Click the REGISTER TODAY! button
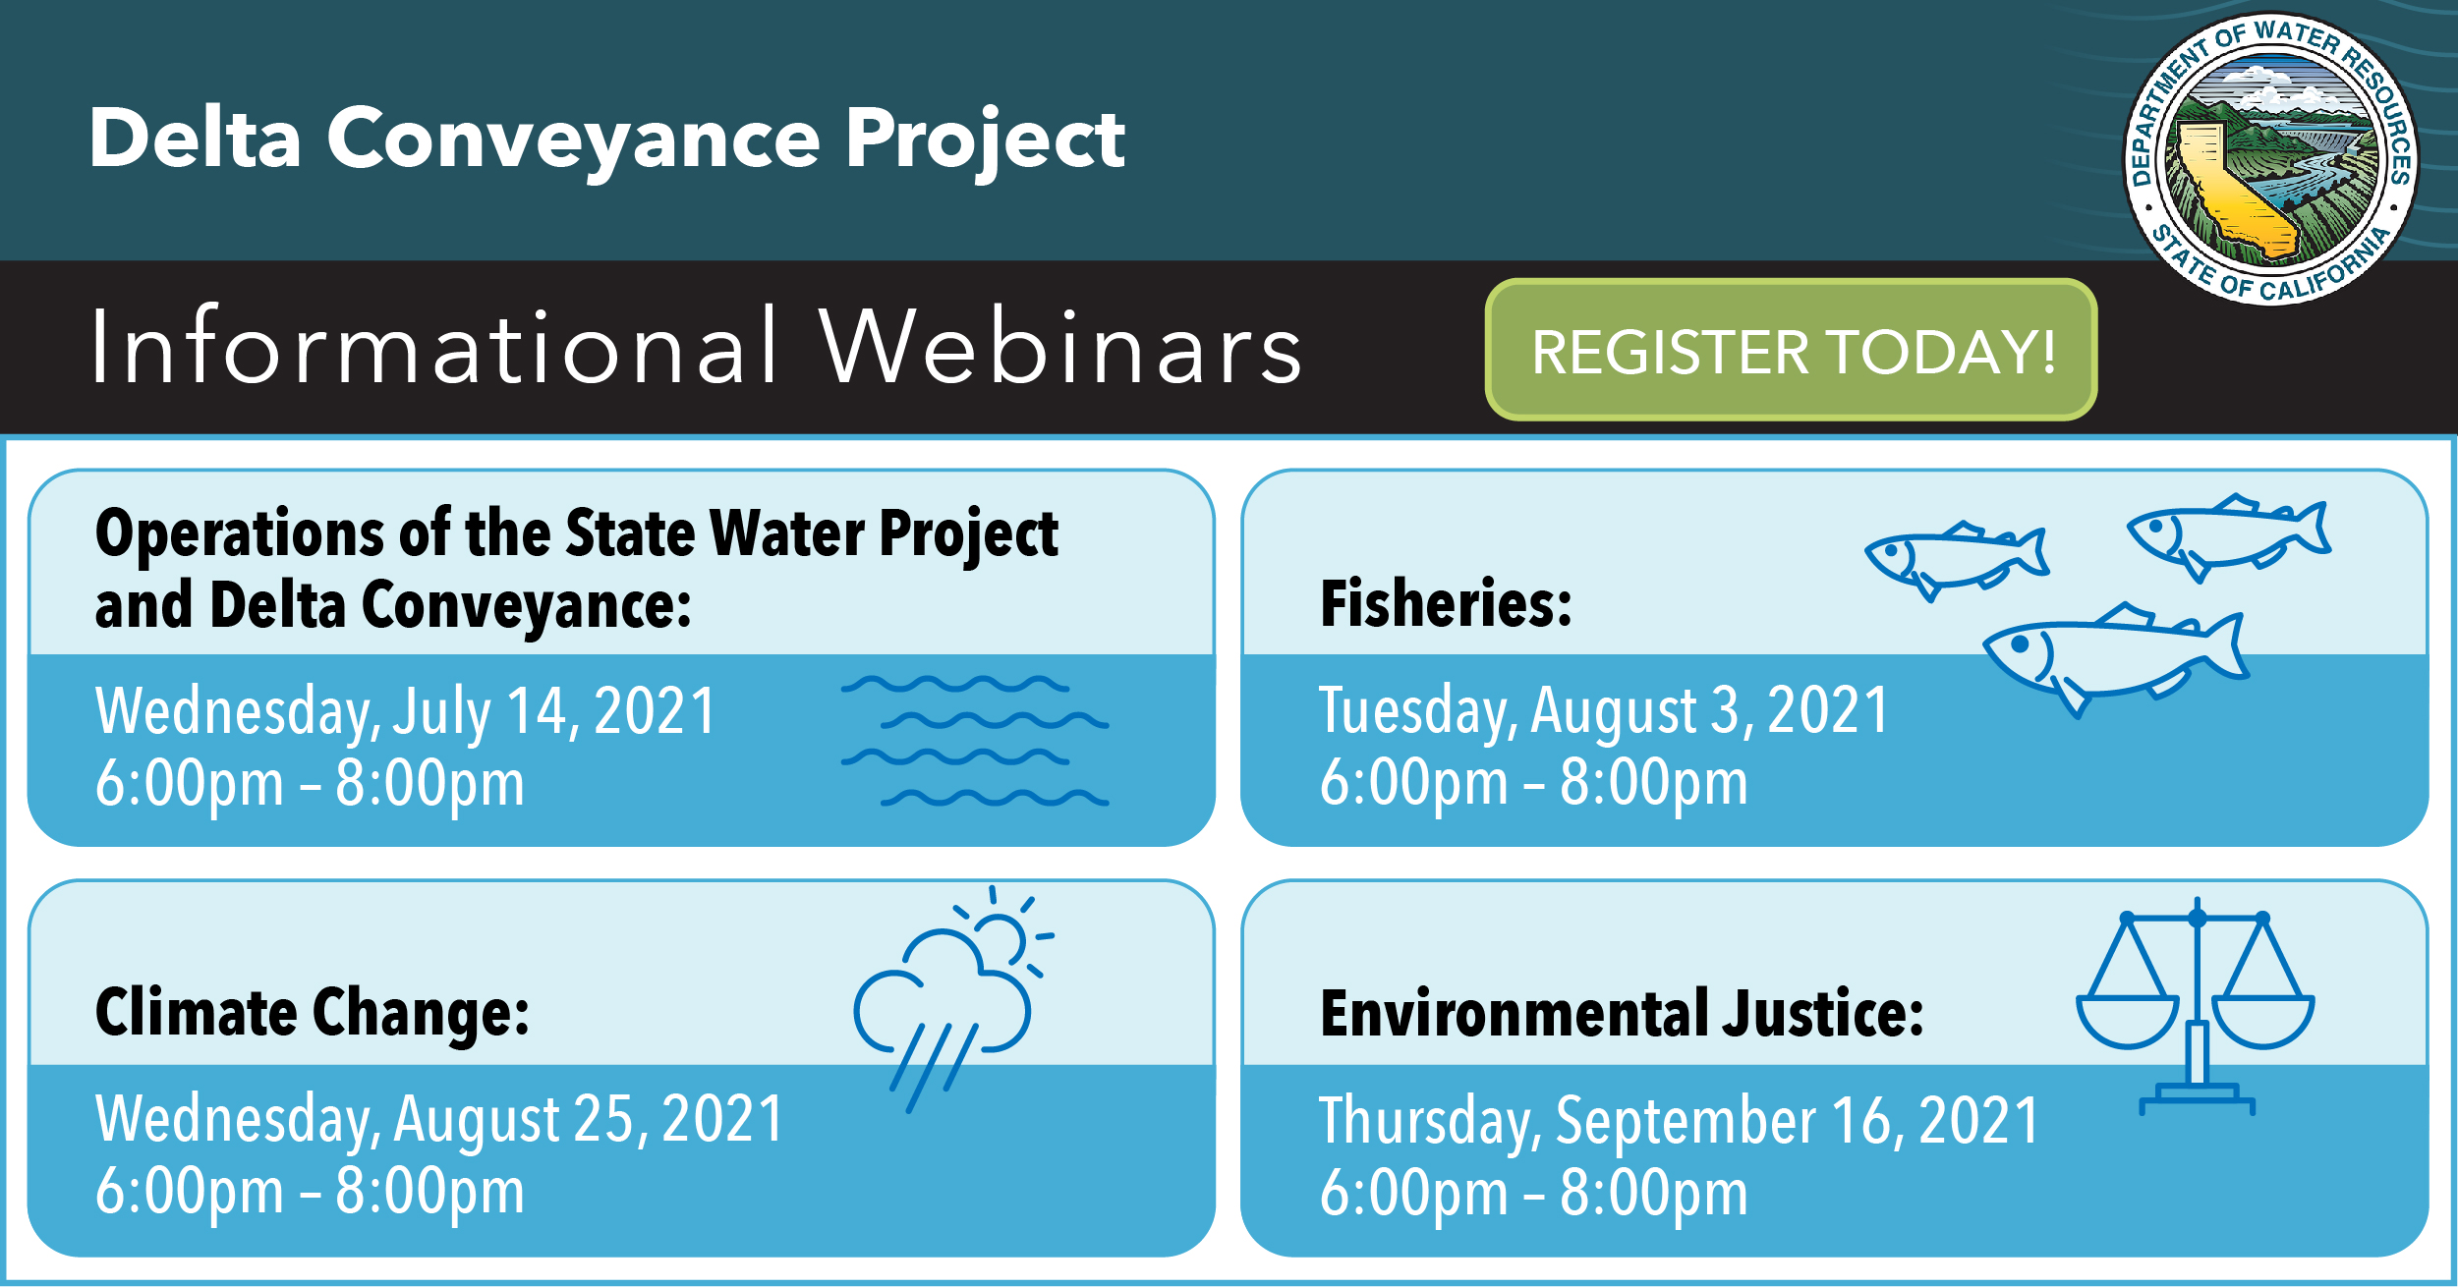click(x=1791, y=350)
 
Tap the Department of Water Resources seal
click(x=2270, y=159)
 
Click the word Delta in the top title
click(x=195, y=138)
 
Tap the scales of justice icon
click(x=2196, y=1006)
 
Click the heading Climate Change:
click(x=313, y=1013)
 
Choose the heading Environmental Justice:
click(x=1622, y=1013)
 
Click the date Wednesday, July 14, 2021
click(x=406, y=711)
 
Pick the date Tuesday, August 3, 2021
click(x=1604, y=711)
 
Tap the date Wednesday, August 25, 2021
click(x=439, y=1120)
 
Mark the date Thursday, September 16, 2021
click(x=1680, y=1121)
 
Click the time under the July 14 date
click(x=310, y=784)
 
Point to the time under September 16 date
click(x=1534, y=1193)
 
